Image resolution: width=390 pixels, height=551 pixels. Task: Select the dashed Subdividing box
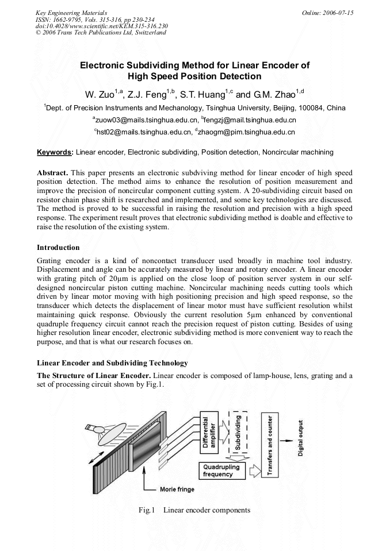click(x=238, y=431)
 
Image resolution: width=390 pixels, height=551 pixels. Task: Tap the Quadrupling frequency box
click(x=221, y=471)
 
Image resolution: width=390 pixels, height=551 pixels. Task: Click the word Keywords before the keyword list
click(x=55, y=152)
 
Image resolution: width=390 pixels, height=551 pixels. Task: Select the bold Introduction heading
click(x=58, y=248)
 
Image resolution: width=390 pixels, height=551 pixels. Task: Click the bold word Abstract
click(x=52, y=173)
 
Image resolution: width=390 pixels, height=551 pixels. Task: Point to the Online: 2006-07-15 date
click(x=328, y=12)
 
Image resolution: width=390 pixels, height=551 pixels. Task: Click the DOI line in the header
click(x=101, y=26)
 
